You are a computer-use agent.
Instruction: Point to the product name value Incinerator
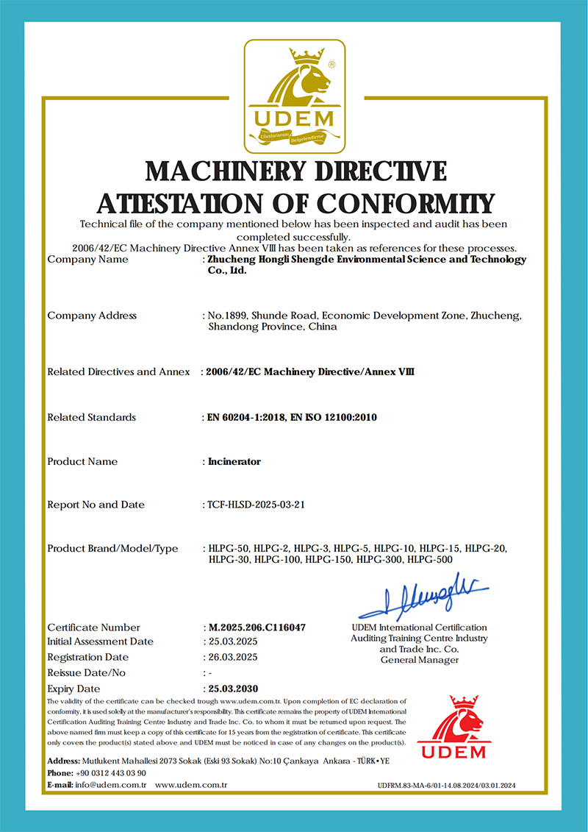click(x=234, y=462)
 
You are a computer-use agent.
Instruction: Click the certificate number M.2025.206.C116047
click(x=257, y=627)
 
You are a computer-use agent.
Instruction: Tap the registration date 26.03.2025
click(x=232, y=657)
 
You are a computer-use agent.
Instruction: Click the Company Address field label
click(x=92, y=316)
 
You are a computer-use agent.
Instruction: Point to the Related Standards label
click(x=92, y=418)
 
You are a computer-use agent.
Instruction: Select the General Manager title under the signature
click(x=420, y=660)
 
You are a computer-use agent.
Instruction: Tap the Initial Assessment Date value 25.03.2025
click(x=232, y=641)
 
